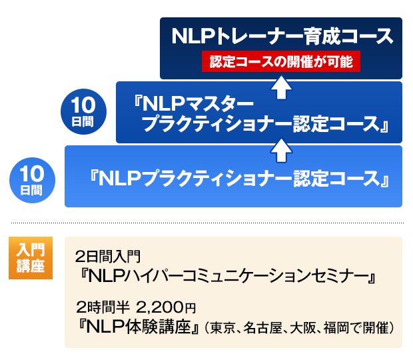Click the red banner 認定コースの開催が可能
pyautogui.click(x=281, y=61)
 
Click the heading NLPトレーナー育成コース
pyautogui.click(x=282, y=36)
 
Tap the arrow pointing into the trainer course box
pyautogui.click(x=281, y=87)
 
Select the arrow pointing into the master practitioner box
pyautogui.click(x=281, y=151)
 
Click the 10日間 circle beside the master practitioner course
pyautogui.click(x=83, y=111)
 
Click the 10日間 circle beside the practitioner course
pyautogui.click(x=32, y=180)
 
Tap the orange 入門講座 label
pyautogui.click(x=31, y=258)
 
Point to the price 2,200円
pyautogui.click(x=166, y=307)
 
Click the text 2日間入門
pyautogui.click(x=108, y=257)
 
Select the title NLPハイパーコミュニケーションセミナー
pyautogui.click(x=228, y=277)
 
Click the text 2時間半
pyautogui.click(x=103, y=307)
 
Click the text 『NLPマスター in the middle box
pyautogui.click(x=194, y=104)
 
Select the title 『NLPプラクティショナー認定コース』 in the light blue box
pyautogui.click(x=239, y=179)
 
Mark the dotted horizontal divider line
pyautogui.click(x=207, y=223)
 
